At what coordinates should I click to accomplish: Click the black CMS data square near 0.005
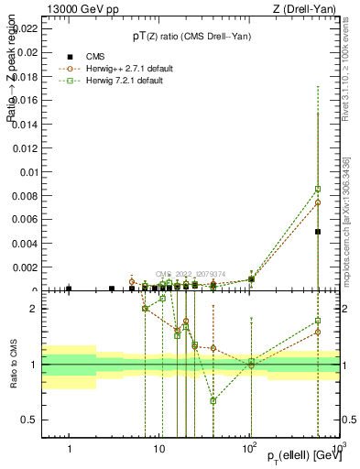point(318,232)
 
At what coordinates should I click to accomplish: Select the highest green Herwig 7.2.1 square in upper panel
point(318,189)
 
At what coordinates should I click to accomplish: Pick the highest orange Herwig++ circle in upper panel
point(318,202)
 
